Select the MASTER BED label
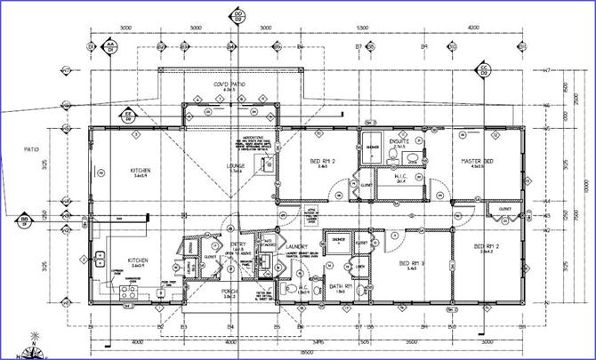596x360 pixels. (x=477, y=160)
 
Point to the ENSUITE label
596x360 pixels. (x=400, y=140)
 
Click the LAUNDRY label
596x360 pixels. (x=296, y=246)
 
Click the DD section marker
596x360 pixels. (x=238, y=15)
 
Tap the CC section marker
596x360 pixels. (x=485, y=68)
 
